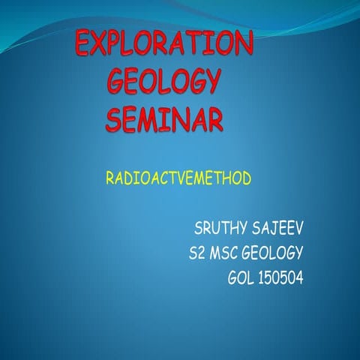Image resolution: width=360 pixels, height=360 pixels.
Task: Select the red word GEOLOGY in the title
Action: pos(164,80)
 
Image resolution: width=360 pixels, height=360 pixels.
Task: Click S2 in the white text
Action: pos(199,252)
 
